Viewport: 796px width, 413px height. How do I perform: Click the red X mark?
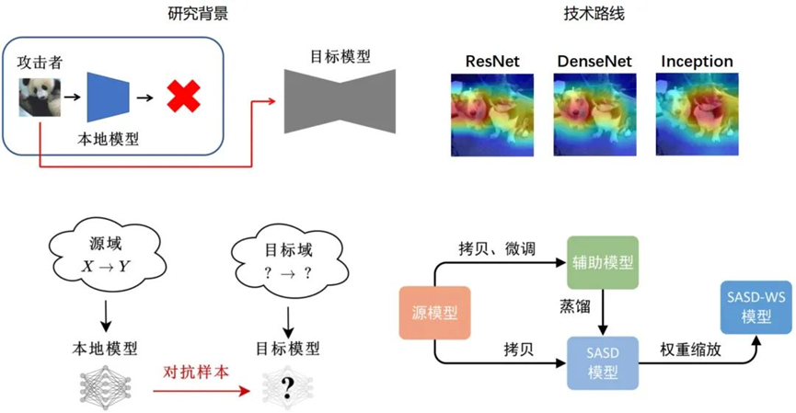point(183,96)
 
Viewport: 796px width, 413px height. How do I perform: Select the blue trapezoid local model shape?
point(106,96)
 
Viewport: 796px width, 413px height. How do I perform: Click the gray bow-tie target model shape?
point(340,97)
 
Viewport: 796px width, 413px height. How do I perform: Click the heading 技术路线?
point(594,15)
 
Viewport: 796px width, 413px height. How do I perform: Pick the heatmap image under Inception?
point(697,114)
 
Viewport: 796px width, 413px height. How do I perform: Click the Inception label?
point(697,62)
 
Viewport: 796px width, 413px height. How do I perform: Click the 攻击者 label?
point(39,63)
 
